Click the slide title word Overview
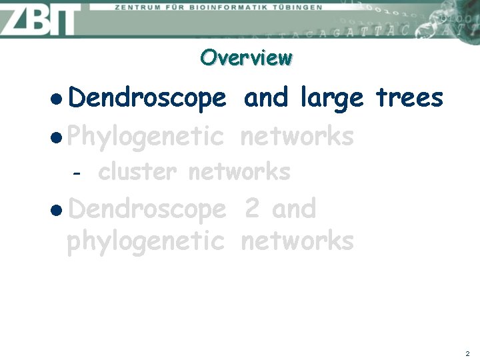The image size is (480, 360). tap(246, 57)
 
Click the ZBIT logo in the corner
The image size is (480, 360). tap(40, 19)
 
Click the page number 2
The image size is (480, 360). tap(467, 353)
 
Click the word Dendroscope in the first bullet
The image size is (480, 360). tap(147, 99)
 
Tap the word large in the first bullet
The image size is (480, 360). tap(332, 99)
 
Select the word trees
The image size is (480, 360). tap(409, 98)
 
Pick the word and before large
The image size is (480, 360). tap(267, 98)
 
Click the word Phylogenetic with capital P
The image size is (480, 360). tap(145, 137)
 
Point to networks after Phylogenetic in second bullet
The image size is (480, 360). tap(297, 137)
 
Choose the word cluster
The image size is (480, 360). tap(137, 172)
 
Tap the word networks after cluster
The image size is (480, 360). tap(239, 172)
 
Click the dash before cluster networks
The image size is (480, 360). tap(77, 173)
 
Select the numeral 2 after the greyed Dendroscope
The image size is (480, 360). tap(252, 209)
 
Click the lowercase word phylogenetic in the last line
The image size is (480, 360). tap(145, 241)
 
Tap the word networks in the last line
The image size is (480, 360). tap(297, 240)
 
